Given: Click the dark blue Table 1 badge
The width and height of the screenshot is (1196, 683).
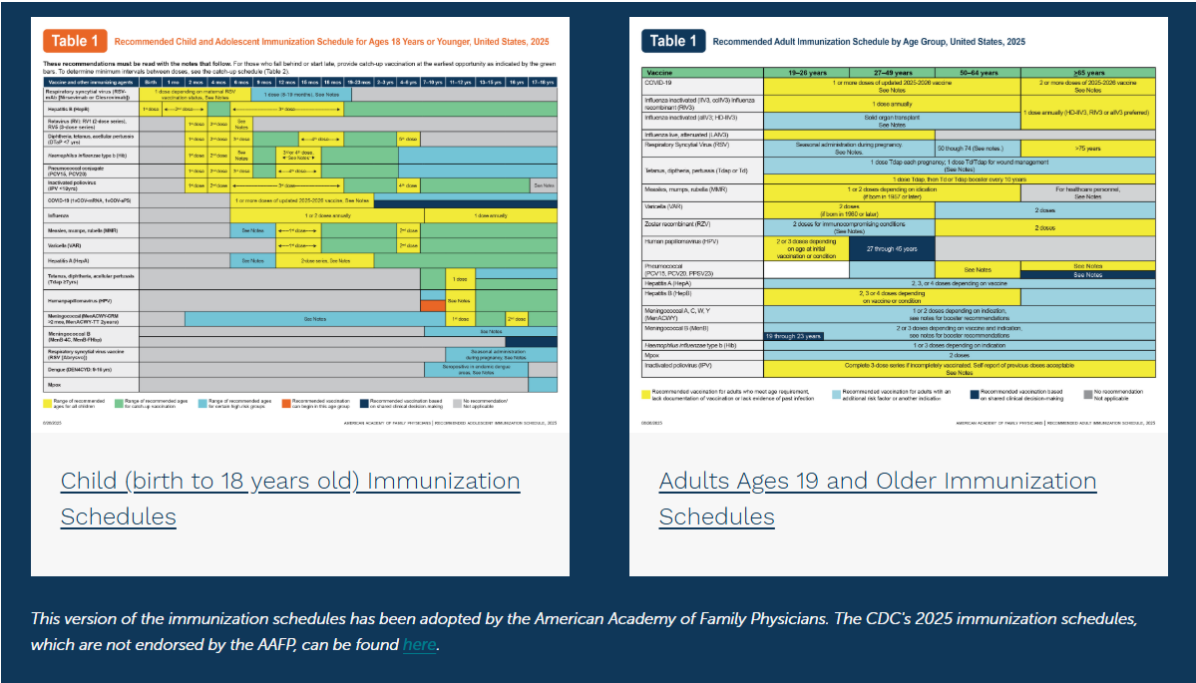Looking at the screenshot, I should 672,41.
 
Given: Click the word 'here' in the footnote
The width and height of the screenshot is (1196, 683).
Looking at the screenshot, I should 419,644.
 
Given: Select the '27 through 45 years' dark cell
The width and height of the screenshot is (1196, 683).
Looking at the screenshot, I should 892,248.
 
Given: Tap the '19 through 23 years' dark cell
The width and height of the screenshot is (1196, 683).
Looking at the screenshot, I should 794,336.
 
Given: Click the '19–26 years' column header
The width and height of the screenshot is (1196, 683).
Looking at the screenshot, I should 806,73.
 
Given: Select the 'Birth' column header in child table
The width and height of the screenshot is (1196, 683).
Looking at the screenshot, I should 150,81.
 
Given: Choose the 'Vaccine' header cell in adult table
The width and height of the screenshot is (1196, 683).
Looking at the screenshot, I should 701,73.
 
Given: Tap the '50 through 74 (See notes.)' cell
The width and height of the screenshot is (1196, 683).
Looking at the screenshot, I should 978,147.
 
